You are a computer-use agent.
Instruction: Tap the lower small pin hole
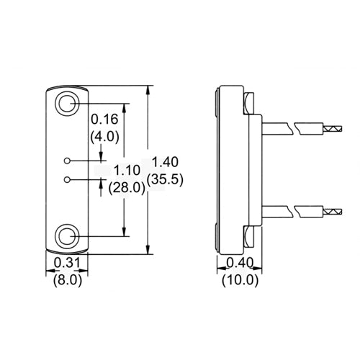[x=68, y=178]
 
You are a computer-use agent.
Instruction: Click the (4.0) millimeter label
[x=105, y=135]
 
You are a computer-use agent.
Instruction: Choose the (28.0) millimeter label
[x=127, y=189]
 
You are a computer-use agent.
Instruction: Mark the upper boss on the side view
[x=248, y=104]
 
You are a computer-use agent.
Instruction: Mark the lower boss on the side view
[x=248, y=235]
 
